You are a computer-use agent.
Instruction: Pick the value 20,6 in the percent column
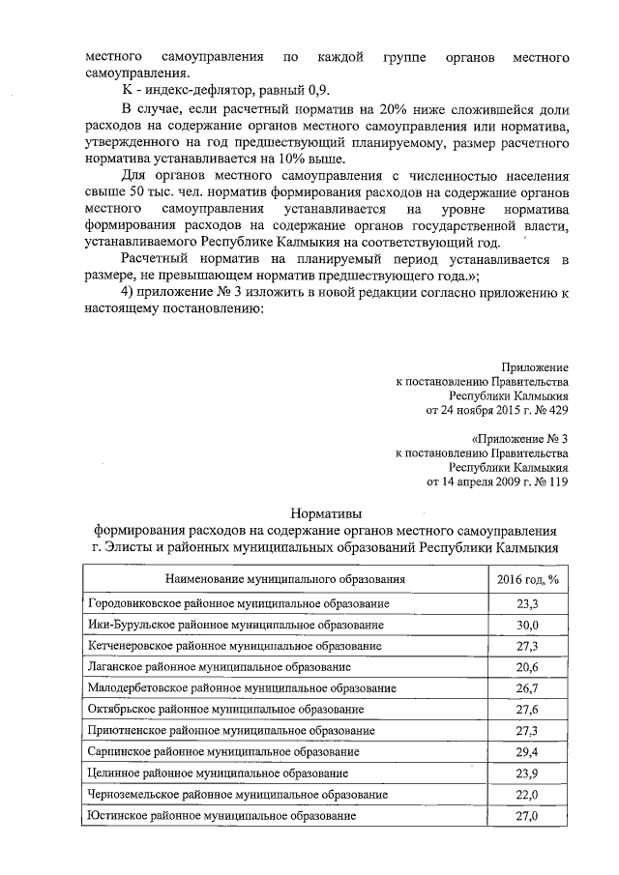(x=526, y=666)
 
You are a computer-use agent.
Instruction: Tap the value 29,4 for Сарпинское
(x=526, y=751)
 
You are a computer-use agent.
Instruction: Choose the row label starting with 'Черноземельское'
(x=237, y=794)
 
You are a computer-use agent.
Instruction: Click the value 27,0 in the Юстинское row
(x=526, y=816)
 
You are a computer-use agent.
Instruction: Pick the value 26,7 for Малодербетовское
(x=526, y=687)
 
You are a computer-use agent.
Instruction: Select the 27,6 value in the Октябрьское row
(x=526, y=709)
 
